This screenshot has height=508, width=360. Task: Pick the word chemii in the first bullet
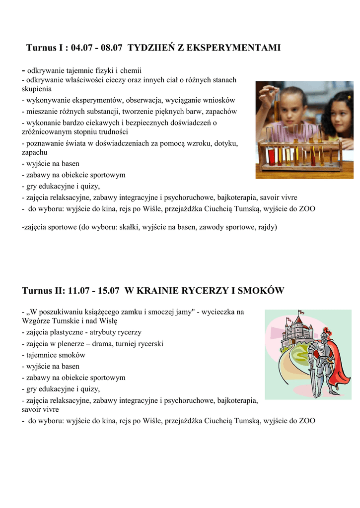coord(132,71)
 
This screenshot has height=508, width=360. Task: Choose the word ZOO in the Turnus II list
coord(306,421)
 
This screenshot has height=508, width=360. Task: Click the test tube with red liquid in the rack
coord(272,155)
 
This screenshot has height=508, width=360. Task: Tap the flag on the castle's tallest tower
coord(300,313)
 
